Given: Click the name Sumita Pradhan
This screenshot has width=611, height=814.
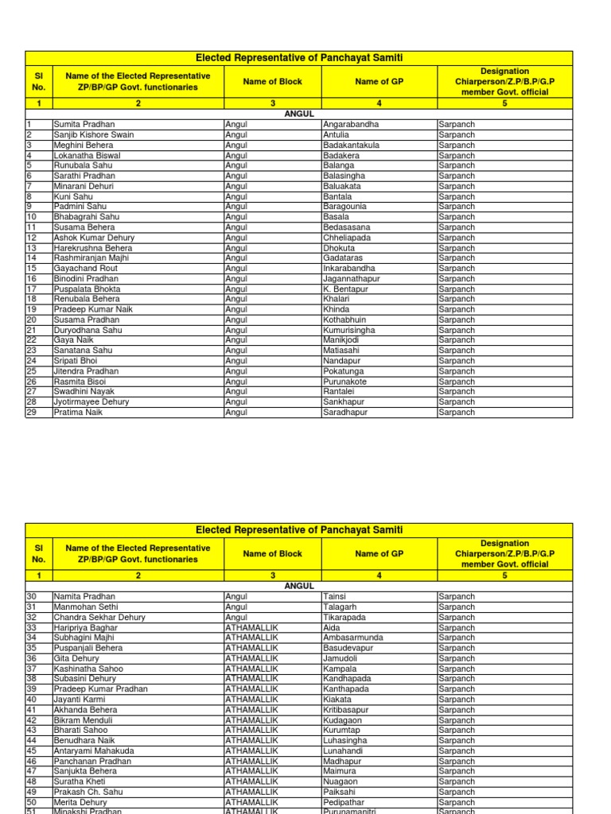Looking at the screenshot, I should [84, 125].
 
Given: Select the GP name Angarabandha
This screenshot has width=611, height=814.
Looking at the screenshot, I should [351, 125].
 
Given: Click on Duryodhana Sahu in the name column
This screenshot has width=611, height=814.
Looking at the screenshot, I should [88, 330].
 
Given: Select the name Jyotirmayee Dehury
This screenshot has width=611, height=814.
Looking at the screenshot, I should [91, 402].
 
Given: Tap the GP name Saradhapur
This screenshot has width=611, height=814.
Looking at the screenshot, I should [345, 413].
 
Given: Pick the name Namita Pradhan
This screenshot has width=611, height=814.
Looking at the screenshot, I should [84, 596].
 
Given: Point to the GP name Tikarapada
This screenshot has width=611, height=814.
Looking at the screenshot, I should [344, 617].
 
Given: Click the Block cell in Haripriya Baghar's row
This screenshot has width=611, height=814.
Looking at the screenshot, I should [251, 627].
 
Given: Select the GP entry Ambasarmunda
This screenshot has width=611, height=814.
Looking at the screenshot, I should [352, 638].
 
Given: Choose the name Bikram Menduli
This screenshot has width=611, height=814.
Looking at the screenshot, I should [83, 719].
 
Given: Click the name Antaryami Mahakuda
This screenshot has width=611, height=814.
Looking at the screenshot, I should [94, 750].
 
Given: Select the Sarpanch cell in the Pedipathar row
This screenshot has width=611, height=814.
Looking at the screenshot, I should [457, 802].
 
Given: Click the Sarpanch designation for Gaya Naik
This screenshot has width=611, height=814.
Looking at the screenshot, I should [457, 340].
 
